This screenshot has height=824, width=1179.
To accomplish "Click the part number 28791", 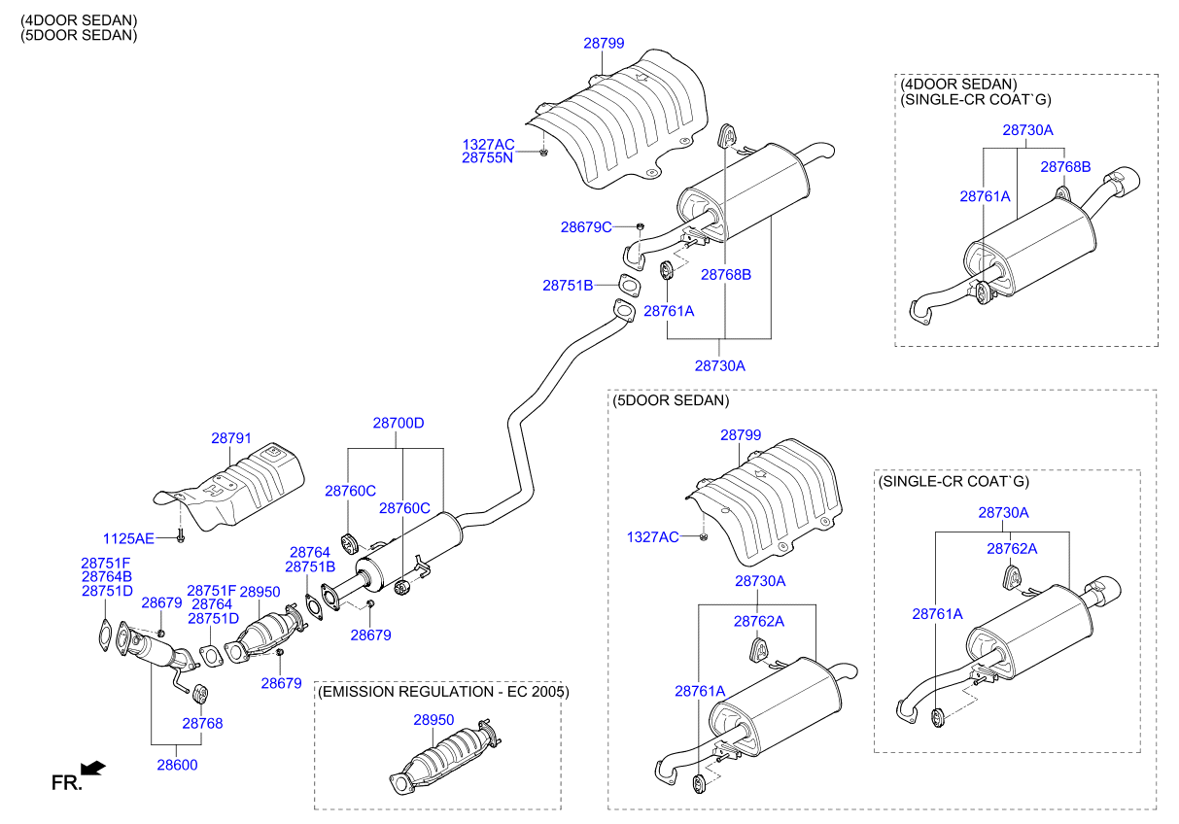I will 231,438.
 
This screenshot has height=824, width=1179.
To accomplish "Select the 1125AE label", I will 128,538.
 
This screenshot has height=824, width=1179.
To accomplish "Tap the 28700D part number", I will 399,424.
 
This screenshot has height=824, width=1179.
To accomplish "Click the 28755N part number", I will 487,156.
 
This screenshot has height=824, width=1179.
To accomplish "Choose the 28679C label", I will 586,227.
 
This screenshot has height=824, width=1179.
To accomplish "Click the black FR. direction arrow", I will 92,770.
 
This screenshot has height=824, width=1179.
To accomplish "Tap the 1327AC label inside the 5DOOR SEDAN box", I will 652,536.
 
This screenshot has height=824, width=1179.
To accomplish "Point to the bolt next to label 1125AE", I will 181,535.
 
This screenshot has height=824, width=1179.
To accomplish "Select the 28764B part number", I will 106,577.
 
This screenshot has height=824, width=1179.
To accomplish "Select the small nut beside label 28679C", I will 640,226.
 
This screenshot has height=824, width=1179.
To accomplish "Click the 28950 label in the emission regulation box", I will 433,720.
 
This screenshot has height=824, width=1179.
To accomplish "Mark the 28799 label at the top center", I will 604,44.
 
